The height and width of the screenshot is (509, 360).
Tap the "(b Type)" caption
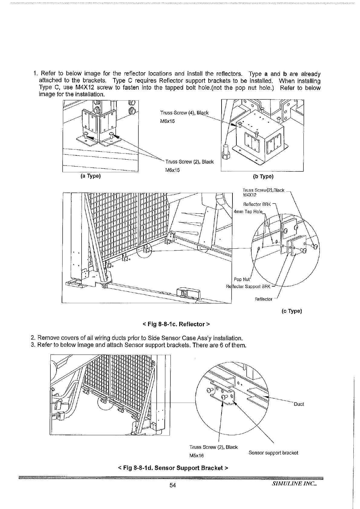(x=263, y=177)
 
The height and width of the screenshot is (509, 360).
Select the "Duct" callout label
(x=299, y=404)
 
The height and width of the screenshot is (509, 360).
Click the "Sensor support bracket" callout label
(x=273, y=453)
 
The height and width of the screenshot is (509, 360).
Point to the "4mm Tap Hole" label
(x=248, y=212)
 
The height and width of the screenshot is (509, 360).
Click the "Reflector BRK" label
(x=257, y=204)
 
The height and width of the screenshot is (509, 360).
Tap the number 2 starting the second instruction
(x=33, y=338)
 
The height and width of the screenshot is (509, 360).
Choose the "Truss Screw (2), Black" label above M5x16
(x=213, y=447)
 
